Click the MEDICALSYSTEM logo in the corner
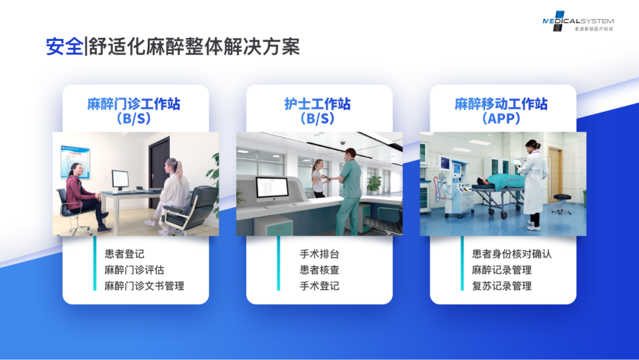click(578, 21)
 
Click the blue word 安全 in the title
click(64, 46)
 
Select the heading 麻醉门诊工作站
click(134, 104)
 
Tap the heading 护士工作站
click(318, 104)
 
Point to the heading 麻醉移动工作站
click(501, 104)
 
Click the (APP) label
click(501, 118)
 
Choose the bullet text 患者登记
click(124, 254)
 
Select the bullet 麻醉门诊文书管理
click(144, 286)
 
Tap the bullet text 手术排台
click(319, 254)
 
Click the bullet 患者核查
click(319, 270)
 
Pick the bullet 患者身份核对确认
click(512, 254)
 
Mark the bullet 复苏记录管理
click(502, 286)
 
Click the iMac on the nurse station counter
click(272, 192)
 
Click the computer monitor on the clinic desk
click(120, 180)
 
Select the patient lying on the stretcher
click(501, 182)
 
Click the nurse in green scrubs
click(349, 191)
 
